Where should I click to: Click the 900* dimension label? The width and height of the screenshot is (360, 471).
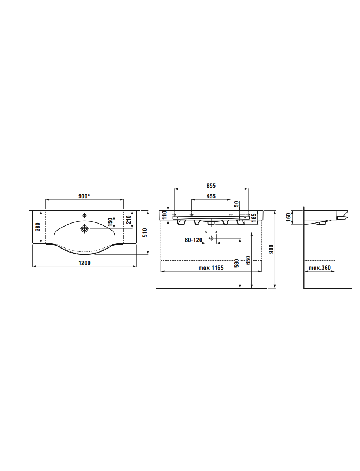(84, 196)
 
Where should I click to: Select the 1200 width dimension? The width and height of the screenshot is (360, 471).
(84, 263)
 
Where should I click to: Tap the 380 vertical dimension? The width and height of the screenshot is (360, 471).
(38, 227)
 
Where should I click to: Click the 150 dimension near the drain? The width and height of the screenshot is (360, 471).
(110, 222)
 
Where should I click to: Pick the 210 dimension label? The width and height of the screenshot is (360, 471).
(128, 220)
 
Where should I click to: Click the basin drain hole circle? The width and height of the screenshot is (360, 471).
(85, 229)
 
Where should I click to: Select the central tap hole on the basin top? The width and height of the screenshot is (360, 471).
(84, 216)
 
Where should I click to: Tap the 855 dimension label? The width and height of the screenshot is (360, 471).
(211, 185)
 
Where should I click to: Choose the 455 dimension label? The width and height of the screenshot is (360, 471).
(211, 196)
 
